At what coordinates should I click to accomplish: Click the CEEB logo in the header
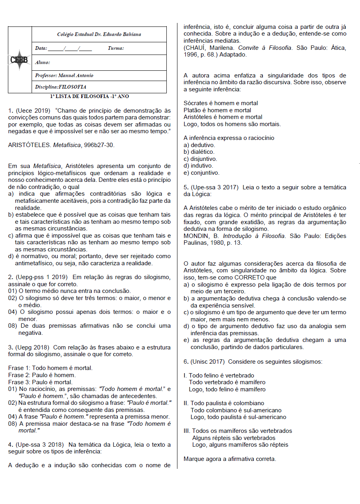point(19,60)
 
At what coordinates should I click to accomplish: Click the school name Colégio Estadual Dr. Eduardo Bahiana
point(99,34)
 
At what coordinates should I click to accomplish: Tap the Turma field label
point(116,48)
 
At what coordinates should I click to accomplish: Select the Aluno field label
point(42,62)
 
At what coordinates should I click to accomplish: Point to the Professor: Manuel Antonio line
point(64,76)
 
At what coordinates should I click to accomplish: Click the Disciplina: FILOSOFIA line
point(60,87)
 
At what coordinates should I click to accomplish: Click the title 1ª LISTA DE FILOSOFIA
point(89,96)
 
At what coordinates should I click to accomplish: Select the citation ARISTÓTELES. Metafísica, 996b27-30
point(61,145)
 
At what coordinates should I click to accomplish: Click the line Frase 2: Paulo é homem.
point(42,375)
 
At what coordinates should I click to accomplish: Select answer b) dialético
point(199,152)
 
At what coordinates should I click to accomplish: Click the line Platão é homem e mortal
point(217,110)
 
